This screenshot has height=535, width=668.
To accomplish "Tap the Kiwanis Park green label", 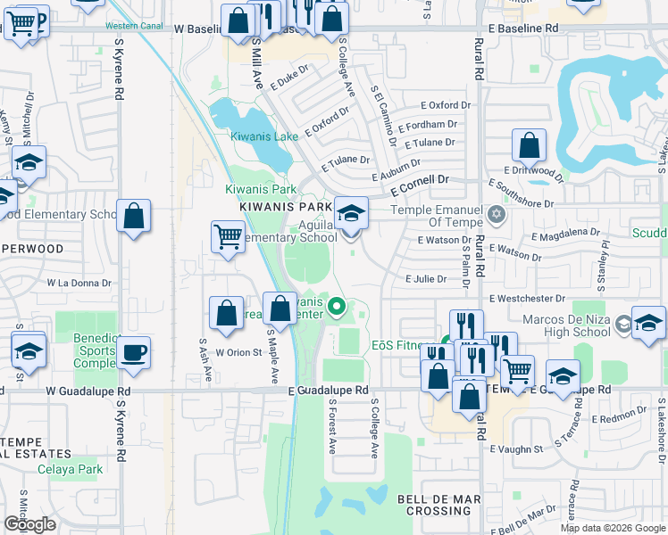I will click(x=260, y=189).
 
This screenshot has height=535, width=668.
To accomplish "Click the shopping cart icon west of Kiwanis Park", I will click(x=228, y=237).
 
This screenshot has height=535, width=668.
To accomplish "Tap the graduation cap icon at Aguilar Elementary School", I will click(x=351, y=214).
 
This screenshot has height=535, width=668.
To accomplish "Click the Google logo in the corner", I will click(x=29, y=524).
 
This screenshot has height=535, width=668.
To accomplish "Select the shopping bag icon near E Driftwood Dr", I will click(x=529, y=145).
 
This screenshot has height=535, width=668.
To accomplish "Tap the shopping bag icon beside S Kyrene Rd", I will click(x=133, y=216).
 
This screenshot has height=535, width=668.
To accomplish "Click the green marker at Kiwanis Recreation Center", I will click(x=337, y=309).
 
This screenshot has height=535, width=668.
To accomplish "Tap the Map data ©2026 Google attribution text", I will click(x=613, y=528).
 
